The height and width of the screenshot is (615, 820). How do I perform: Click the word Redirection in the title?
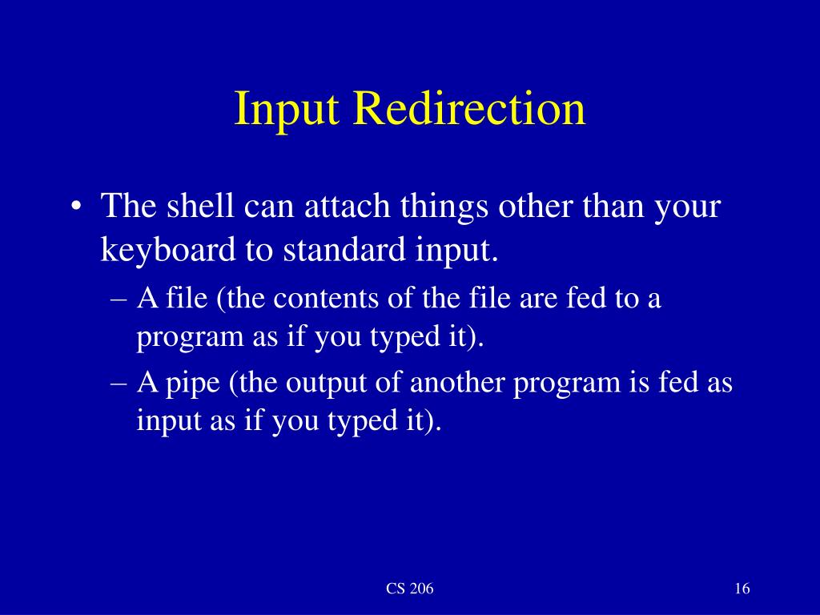470,110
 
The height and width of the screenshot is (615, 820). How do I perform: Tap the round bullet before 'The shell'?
76,209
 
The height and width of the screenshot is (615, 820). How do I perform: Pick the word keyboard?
163,251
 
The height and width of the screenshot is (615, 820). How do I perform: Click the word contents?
323,299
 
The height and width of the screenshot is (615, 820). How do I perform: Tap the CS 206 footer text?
410,589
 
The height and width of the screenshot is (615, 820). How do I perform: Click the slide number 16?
741,589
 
